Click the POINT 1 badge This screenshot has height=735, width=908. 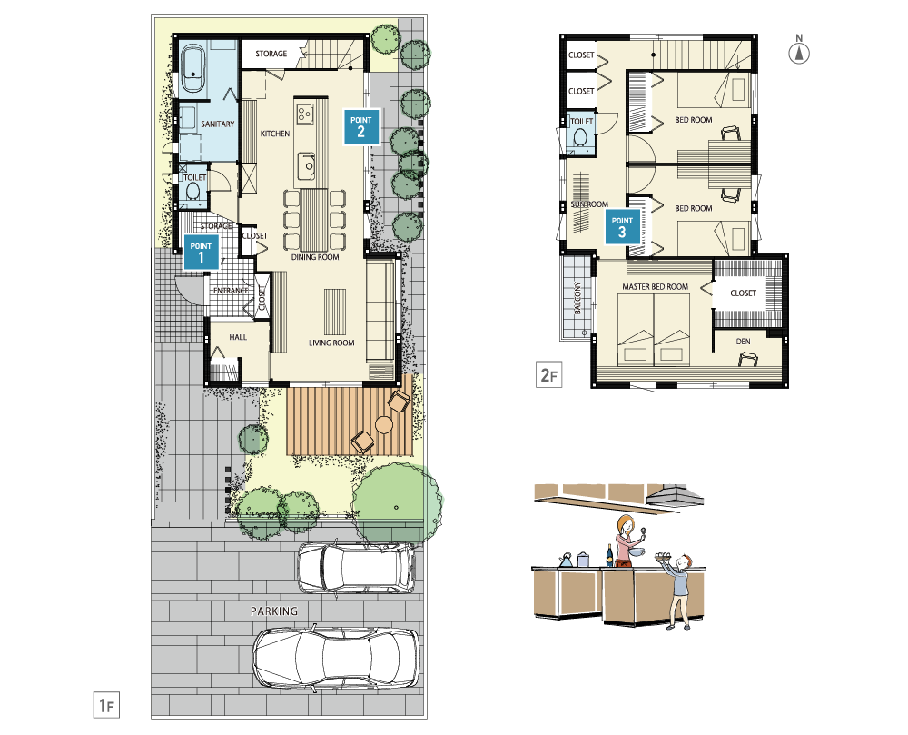pyautogui.click(x=201, y=252)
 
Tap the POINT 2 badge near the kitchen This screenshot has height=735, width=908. pyautogui.click(x=361, y=127)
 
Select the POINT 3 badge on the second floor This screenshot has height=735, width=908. pyautogui.click(x=623, y=226)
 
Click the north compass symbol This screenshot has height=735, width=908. pyautogui.click(x=799, y=50)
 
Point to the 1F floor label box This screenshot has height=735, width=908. pyautogui.click(x=106, y=705)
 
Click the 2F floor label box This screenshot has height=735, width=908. pyautogui.click(x=549, y=374)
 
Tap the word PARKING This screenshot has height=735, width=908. pyautogui.click(x=274, y=611)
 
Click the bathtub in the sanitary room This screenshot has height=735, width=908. pyautogui.click(x=192, y=69)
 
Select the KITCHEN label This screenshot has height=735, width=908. pyautogui.click(x=275, y=134)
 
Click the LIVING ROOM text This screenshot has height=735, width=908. pyautogui.click(x=331, y=343)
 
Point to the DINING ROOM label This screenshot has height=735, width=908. pyautogui.click(x=315, y=257)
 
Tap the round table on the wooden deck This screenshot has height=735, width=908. pyautogui.click(x=384, y=425)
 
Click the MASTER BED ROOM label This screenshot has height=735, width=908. pyautogui.click(x=655, y=287)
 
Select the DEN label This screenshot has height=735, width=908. pyautogui.click(x=743, y=342)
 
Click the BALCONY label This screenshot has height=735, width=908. pyautogui.click(x=577, y=298)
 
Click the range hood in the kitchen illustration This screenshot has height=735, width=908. pyautogui.click(x=675, y=496)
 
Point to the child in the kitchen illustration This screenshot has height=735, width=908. pyautogui.click(x=678, y=591)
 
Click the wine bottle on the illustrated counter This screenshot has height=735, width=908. pyautogui.click(x=609, y=556)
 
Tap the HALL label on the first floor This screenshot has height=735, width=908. pyautogui.click(x=238, y=337)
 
